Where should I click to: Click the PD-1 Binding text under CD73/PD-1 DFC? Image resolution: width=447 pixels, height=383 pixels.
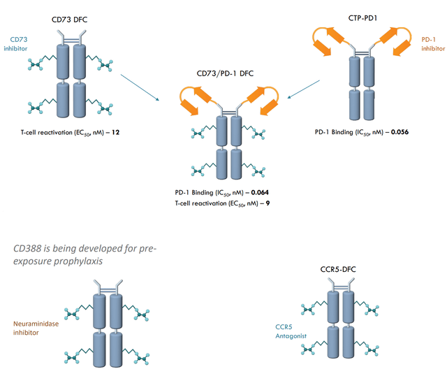pos(204,191)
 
